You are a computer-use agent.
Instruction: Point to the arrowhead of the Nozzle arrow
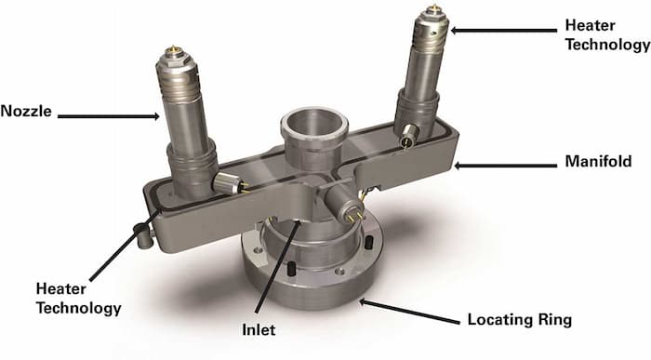pyautogui.click(x=159, y=117)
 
